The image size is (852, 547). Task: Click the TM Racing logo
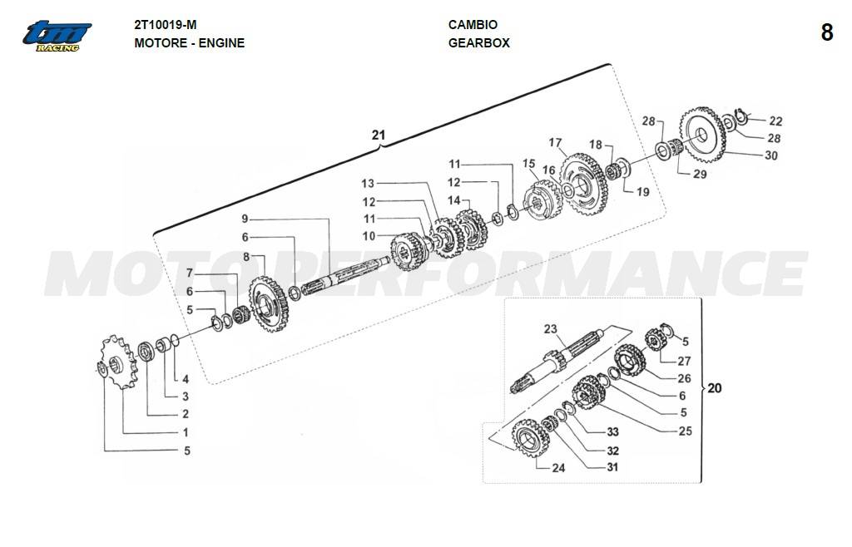click(x=57, y=37)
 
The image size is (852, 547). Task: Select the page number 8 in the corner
click(x=826, y=32)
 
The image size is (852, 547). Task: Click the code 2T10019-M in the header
click(x=166, y=25)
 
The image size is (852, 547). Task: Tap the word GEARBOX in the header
click(x=478, y=43)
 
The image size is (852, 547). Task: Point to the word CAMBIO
click(x=473, y=24)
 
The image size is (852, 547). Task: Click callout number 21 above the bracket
click(x=379, y=135)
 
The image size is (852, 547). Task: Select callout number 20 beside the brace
click(x=715, y=388)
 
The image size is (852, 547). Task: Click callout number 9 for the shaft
click(x=245, y=219)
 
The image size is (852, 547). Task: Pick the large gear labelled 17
click(x=583, y=185)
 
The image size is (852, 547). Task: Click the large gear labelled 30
click(x=702, y=136)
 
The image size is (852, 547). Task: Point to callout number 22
click(x=776, y=121)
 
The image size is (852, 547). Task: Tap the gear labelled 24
click(x=531, y=438)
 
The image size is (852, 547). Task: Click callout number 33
click(x=613, y=432)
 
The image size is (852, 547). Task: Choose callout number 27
click(x=684, y=361)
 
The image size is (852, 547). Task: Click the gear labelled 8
click(x=269, y=304)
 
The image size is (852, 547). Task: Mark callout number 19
click(x=643, y=191)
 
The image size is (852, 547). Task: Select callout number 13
click(x=368, y=184)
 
